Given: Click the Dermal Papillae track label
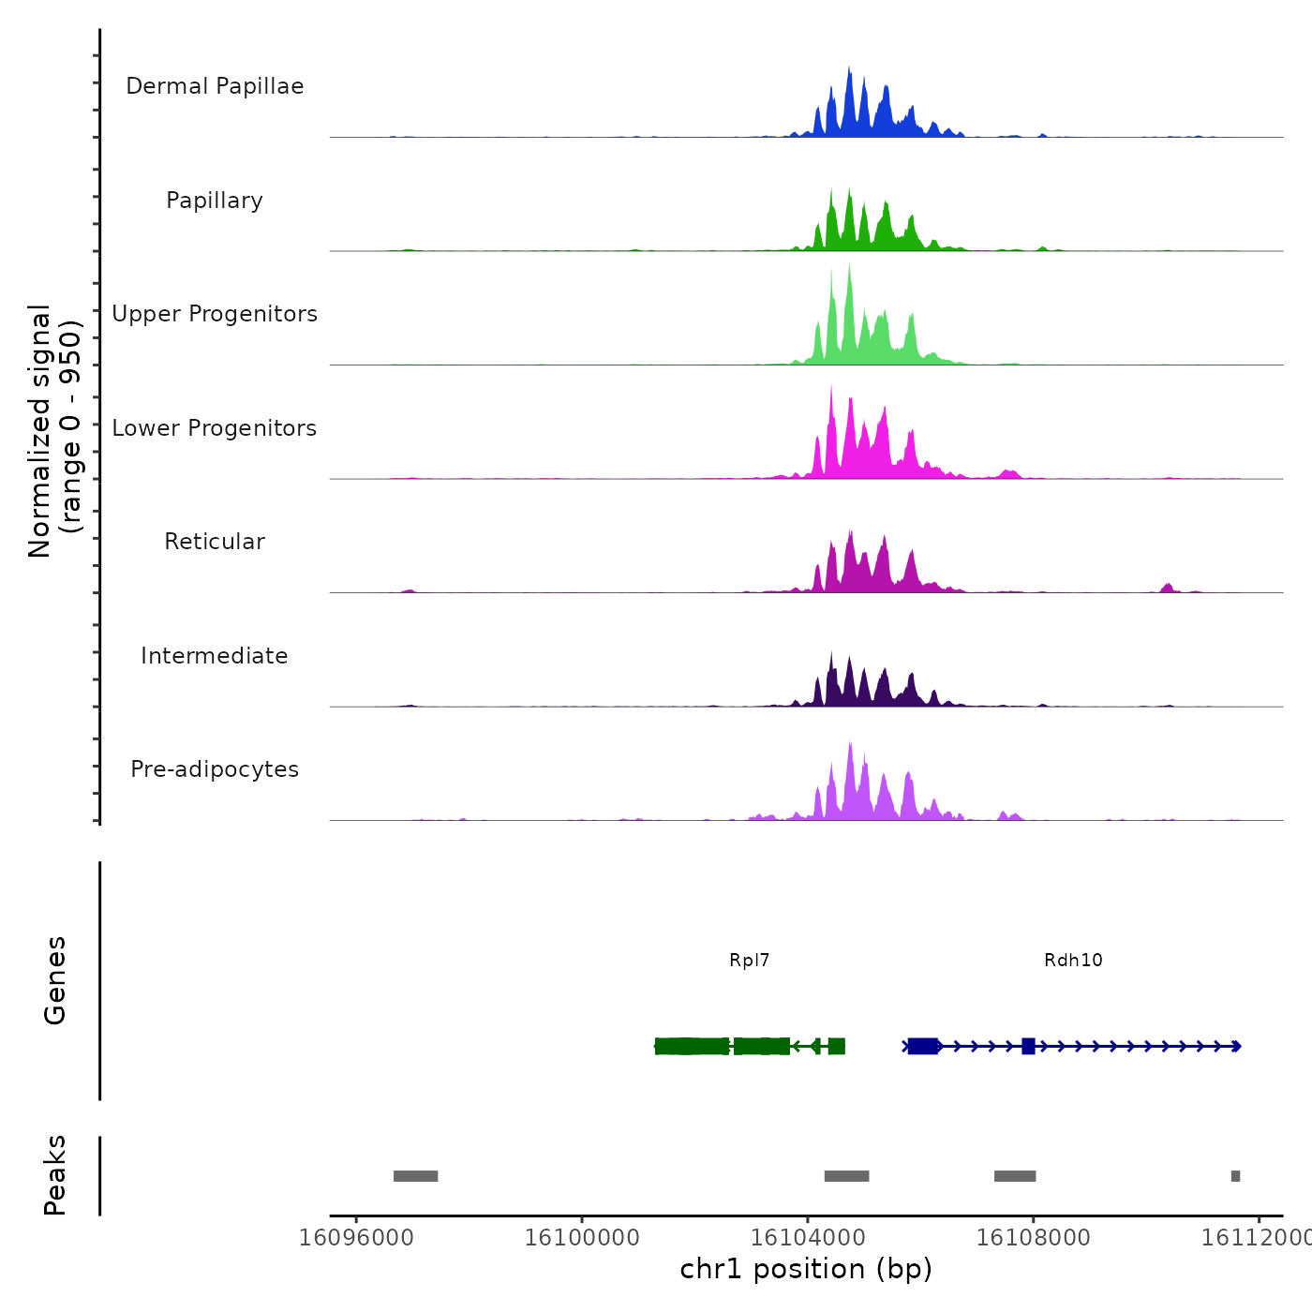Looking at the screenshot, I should click(215, 86).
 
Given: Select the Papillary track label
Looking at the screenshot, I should click(215, 201).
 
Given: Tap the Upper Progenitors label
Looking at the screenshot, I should click(215, 314).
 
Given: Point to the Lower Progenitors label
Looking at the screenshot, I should click(215, 428).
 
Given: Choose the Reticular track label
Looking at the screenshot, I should click(215, 542).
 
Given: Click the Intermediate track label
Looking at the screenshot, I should click(215, 656).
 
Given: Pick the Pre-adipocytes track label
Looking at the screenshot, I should click(215, 769).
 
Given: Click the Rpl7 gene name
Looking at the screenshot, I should click(750, 960).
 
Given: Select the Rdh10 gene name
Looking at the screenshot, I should click(1073, 960).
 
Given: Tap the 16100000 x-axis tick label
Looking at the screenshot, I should click(582, 1238).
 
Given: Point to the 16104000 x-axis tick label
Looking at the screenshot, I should click(808, 1238).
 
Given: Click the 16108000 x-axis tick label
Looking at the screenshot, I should click(1034, 1238).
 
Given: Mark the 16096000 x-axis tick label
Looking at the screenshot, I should click(356, 1238).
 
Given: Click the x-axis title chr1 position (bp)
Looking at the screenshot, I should click(806, 1269).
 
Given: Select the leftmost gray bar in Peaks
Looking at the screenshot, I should click(415, 1176).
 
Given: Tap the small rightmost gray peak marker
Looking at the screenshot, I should click(1235, 1176).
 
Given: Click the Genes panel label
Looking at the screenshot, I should click(55, 980).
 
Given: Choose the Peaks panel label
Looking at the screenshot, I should click(55, 1175).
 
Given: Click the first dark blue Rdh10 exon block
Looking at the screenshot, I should click(923, 1046).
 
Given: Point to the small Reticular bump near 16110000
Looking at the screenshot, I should click(1167, 588).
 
